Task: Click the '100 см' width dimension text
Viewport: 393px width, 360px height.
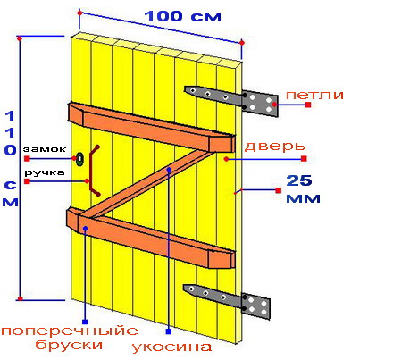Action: pos(183,16)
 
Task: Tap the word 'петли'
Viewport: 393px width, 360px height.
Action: pos(314,95)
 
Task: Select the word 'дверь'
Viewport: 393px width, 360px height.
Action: pos(275,147)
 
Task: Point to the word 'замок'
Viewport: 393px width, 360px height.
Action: pos(45,149)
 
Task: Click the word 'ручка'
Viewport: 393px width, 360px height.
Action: pos(45,172)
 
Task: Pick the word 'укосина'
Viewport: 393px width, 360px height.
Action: pos(171,347)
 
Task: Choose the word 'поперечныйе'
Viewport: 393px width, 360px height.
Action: pos(70,331)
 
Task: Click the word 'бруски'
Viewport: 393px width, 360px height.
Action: pos(69,345)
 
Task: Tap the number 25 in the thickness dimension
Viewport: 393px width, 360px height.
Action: pos(299,180)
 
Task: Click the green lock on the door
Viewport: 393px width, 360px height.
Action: pos(79,159)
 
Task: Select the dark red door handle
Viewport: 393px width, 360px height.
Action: pos(93,171)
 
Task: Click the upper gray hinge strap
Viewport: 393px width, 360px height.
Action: pos(231,100)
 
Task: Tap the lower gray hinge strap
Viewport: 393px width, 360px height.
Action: pos(228,300)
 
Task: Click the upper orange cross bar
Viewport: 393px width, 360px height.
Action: pos(152,127)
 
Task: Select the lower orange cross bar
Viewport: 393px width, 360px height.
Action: pos(151,238)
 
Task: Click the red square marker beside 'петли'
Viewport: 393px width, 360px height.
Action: pos(308,105)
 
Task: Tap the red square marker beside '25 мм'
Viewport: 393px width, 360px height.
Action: pos(279,190)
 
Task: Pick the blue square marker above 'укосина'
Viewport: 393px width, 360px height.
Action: pos(169,331)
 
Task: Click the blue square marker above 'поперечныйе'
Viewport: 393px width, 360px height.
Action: pos(85,322)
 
